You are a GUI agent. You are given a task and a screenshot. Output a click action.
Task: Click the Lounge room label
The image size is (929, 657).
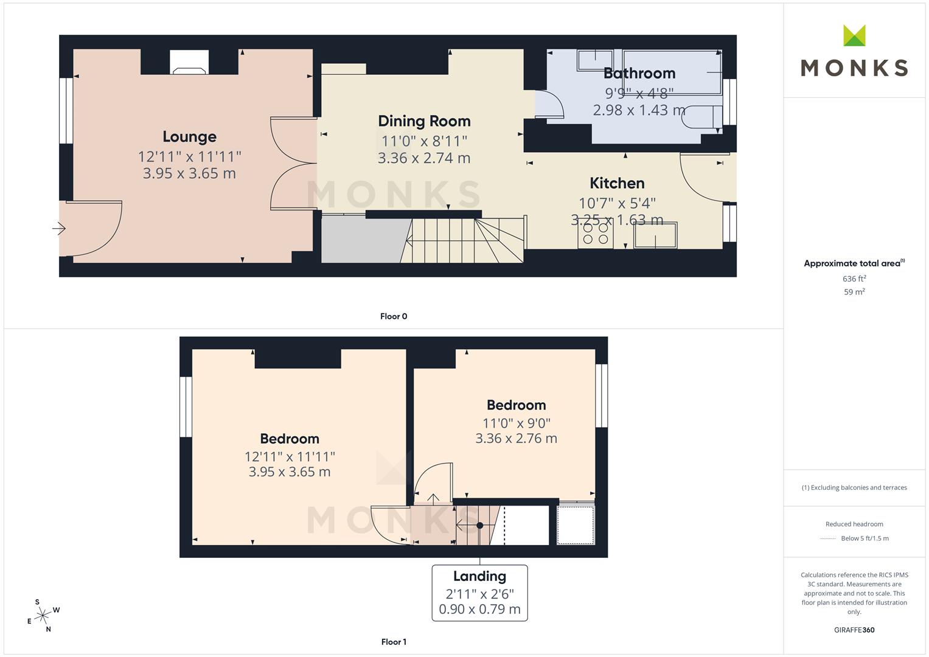tap(190, 137)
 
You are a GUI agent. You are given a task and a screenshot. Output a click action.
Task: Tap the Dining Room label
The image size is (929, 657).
tap(424, 121)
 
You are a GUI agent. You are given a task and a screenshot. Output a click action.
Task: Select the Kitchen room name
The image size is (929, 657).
tap(617, 183)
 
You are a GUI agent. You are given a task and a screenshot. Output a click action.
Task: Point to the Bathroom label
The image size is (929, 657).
tap(639, 74)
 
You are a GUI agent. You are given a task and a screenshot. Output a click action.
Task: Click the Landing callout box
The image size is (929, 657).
tap(480, 593)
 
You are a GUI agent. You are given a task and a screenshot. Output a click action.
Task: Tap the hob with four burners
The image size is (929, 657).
tap(596, 234)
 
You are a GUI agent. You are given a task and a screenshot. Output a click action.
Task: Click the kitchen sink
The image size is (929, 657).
tap(655, 235)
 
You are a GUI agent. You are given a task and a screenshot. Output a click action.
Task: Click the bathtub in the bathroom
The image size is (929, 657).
tap(672, 72)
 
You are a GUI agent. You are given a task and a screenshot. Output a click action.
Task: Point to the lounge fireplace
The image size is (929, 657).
tap(189, 62)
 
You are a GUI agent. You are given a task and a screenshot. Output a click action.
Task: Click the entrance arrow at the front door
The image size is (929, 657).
tap(59, 228)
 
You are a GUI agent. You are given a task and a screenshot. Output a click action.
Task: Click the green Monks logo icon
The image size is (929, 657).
tap(854, 35)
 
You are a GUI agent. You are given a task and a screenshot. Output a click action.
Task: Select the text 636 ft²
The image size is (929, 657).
tap(854, 279)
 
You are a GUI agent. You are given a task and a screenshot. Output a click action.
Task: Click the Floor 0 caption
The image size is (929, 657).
tap(394, 316)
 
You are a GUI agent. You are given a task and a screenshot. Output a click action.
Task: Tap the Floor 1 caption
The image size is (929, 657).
tap(394, 642)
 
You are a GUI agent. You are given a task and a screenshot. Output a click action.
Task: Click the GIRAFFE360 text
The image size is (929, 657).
tap(854, 630)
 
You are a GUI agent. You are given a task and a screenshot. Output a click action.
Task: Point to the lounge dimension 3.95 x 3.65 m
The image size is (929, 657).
tap(190, 173)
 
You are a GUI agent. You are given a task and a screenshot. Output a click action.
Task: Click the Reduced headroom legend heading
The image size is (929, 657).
tap(854, 524)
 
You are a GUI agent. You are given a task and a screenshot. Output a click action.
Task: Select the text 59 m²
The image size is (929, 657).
tap(854, 292)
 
